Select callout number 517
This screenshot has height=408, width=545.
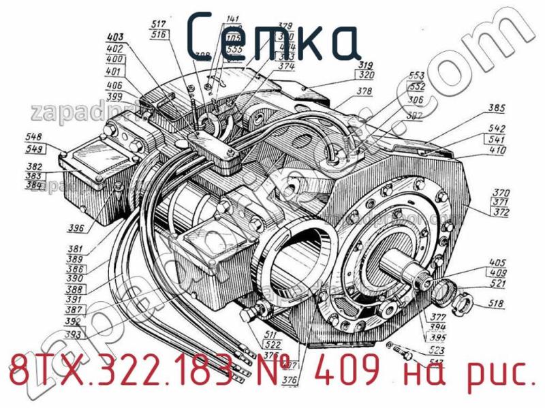coord(159,23)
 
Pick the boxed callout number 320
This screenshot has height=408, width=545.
coord(366,75)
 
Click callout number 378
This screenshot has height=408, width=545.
coord(366,91)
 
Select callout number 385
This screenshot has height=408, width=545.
coord(497,108)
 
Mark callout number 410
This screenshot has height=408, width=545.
coord(497,150)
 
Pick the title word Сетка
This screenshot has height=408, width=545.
coord(272,40)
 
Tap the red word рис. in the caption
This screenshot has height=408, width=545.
coord(500,373)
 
